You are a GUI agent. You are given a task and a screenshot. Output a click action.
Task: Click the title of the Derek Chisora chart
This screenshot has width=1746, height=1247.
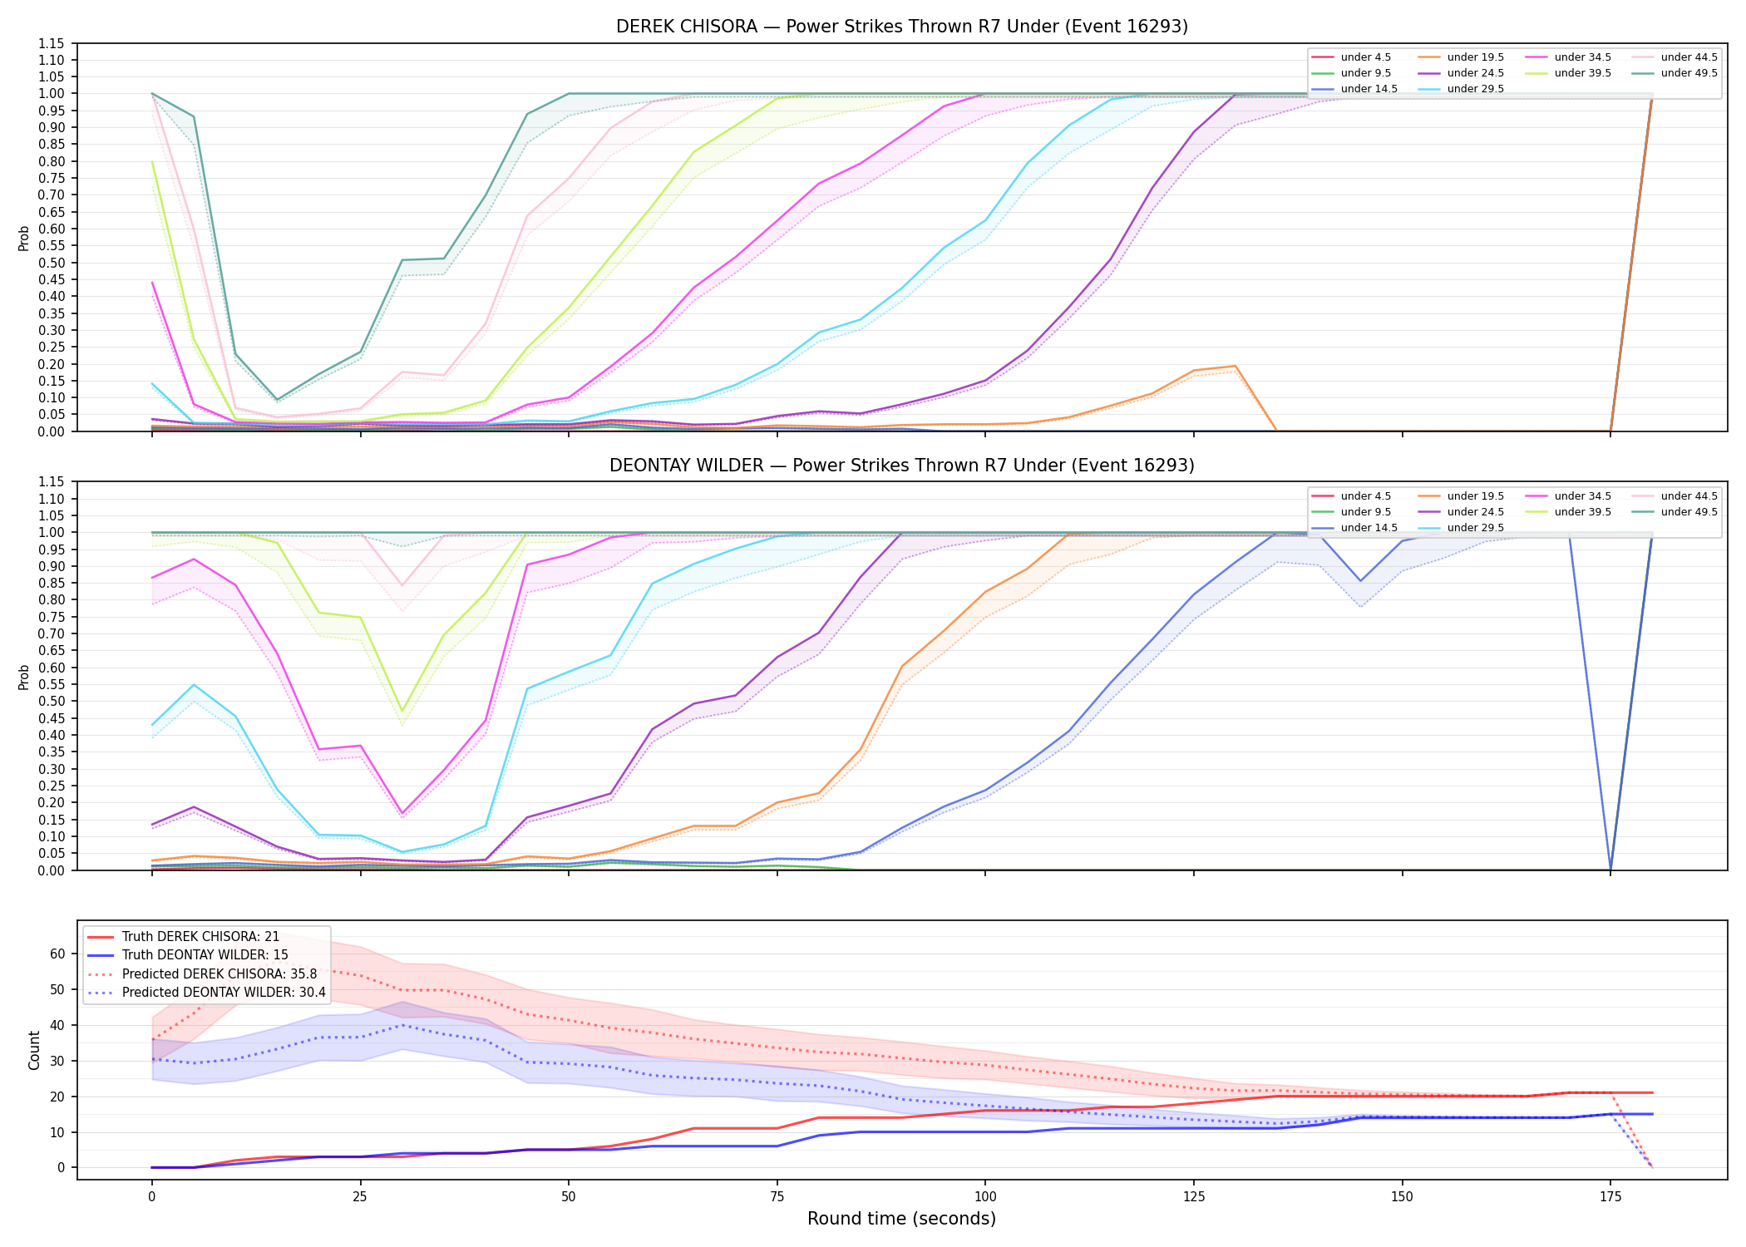(901, 27)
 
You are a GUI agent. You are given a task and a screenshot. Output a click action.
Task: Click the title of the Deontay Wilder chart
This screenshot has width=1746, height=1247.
(901, 466)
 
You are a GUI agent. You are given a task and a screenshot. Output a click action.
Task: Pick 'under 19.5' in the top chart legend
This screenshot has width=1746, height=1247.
(1475, 57)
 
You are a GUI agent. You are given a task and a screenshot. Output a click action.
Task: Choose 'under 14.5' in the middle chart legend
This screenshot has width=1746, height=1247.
(1369, 528)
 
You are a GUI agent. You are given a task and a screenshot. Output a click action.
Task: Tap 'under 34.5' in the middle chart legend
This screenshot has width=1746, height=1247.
(1582, 496)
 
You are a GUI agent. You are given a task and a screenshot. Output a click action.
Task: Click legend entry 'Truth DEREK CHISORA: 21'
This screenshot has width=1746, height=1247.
(200, 937)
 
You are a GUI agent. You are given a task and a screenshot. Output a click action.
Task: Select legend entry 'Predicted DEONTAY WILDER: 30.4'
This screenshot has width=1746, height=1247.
(224, 993)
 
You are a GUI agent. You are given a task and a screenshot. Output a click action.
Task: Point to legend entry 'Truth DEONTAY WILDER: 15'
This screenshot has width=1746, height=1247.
(205, 955)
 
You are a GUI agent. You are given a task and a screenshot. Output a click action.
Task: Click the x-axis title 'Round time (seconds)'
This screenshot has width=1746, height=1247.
(901, 1219)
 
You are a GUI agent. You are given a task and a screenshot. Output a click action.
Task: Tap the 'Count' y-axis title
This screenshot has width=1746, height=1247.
(34, 1050)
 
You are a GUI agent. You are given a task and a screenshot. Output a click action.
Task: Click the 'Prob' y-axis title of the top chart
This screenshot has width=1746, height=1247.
(24, 238)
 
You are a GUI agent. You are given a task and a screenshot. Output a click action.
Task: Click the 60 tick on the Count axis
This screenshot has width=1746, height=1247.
(57, 954)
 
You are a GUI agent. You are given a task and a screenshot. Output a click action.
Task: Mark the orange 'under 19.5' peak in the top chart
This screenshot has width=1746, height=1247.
(1236, 366)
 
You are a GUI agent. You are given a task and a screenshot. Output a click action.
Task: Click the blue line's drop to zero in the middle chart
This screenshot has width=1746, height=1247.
(1610, 870)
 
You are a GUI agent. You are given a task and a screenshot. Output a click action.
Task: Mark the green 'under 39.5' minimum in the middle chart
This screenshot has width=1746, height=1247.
(402, 712)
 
